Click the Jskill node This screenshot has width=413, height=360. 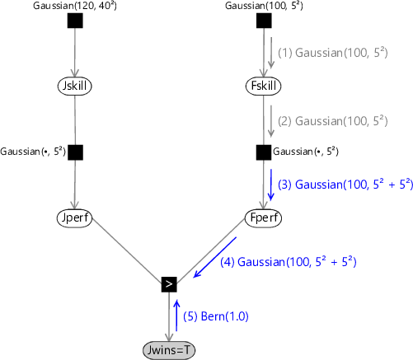click(74, 86)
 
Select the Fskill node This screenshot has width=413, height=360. click(263, 86)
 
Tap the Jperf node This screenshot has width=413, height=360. click(74, 218)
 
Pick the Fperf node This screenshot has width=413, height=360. click(263, 218)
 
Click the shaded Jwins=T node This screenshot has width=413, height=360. click(169, 350)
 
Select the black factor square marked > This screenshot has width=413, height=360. click(169, 284)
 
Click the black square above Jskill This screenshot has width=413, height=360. click(75, 21)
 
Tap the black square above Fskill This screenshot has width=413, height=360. click(264, 21)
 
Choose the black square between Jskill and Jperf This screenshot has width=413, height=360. click(75, 152)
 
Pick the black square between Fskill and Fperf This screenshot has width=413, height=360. click(264, 152)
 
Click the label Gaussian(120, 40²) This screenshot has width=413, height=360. click(75, 6)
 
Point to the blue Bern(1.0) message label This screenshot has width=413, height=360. click(216, 316)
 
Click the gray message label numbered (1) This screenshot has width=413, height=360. click(333, 53)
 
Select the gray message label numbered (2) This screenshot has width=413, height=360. click(333, 121)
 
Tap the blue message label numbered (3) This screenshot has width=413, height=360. click(345, 184)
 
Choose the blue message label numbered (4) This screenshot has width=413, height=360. click(289, 261)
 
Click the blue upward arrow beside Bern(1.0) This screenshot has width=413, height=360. click(176, 316)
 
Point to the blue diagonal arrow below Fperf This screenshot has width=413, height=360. click(214, 257)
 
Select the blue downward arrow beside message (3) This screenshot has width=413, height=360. click(271, 185)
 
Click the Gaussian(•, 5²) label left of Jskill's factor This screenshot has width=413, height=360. click(33, 152)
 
